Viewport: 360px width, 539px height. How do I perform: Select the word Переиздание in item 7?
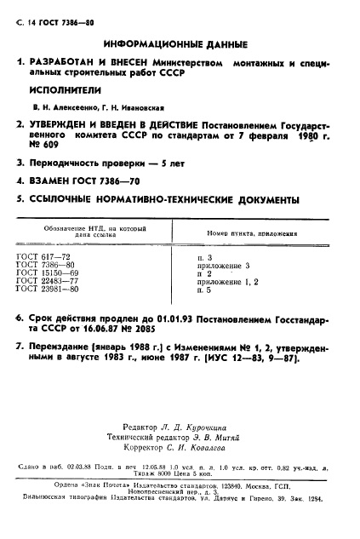[68, 347]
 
